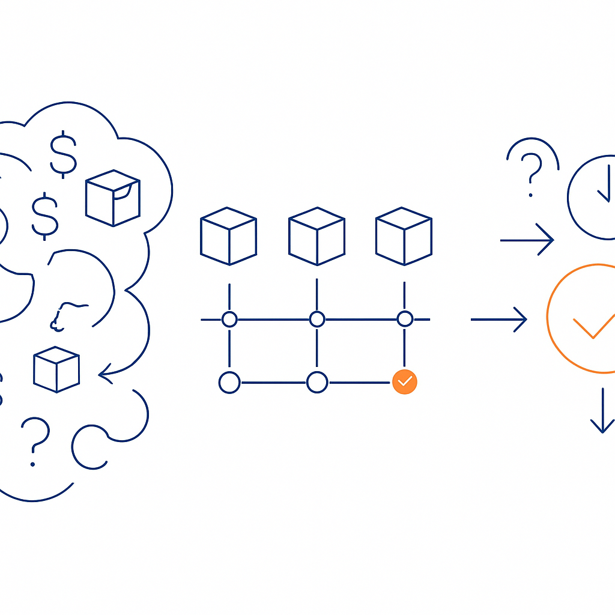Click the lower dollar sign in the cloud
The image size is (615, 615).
click(x=45, y=216)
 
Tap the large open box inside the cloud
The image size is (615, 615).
click(x=113, y=198)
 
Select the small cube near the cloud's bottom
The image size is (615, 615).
click(x=56, y=369)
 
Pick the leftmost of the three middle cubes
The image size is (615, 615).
click(x=228, y=236)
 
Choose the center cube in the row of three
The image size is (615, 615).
click(x=317, y=236)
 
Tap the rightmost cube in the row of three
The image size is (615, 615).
click(x=404, y=236)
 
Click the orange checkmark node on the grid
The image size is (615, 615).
click(x=404, y=381)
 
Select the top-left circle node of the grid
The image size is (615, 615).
click(x=229, y=320)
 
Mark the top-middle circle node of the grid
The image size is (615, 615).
click(x=317, y=320)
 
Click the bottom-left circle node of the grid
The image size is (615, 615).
click(x=229, y=382)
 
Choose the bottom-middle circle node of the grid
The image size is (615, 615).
click(x=317, y=382)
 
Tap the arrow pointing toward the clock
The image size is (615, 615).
click(x=527, y=240)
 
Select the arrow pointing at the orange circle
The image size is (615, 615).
click(x=499, y=320)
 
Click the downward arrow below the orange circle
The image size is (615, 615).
click(x=602, y=411)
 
